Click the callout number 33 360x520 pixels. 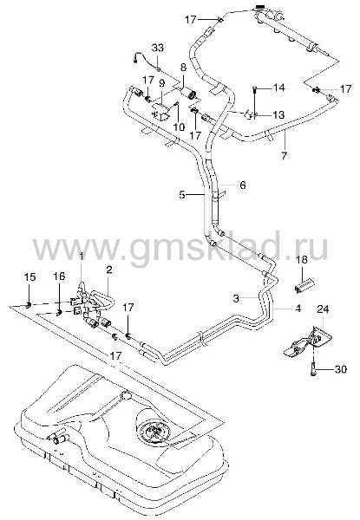tap(158, 48)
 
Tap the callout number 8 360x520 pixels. tap(183, 68)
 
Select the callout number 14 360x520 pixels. tap(278, 88)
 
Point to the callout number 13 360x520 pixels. tap(278, 114)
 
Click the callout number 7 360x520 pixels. tap(284, 155)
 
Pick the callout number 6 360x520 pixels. tap(243, 185)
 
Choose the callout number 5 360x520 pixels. tap(182, 195)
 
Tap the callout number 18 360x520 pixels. tap(302, 260)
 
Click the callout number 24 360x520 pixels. tap(323, 309)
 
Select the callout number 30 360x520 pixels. tap(340, 369)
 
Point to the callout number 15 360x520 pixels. tap(29, 277)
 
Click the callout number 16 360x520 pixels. tap(59, 276)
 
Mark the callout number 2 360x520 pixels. tap(109, 270)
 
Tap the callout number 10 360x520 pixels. tap(179, 127)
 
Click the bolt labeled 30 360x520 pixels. tap(313, 369)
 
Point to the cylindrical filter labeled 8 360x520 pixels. tap(188, 92)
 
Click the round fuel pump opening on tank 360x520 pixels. tap(154, 432)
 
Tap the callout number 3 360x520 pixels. tap(236, 298)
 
